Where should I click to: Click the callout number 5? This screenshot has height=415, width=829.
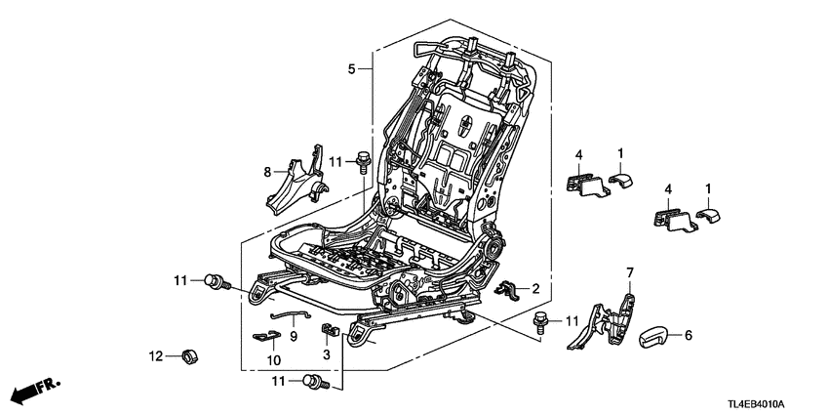click(x=351, y=68)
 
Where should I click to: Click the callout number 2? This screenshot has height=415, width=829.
click(x=534, y=289)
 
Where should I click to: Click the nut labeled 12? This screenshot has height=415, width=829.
click(x=187, y=354)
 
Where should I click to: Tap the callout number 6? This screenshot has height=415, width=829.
click(x=688, y=336)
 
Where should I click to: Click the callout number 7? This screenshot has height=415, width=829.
click(x=630, y=270)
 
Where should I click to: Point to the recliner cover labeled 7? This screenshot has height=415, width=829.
click(x=605, y=322)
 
